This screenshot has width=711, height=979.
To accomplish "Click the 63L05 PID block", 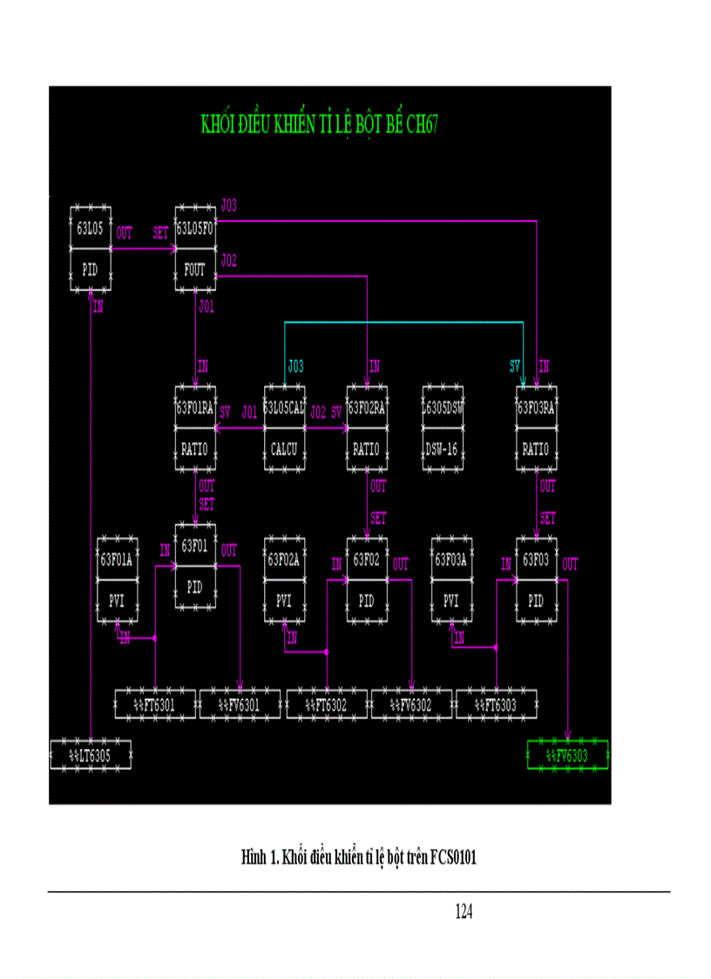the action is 91,249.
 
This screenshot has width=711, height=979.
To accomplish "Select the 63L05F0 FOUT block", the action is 194,249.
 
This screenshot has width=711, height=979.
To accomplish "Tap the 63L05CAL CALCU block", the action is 284,428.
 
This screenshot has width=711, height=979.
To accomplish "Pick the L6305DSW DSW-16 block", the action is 442,428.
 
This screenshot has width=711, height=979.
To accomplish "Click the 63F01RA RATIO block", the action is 194,428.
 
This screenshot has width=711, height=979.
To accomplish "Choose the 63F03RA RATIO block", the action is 536,428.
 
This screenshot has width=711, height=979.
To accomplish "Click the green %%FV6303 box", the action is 568,755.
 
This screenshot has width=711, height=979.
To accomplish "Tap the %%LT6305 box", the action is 91,755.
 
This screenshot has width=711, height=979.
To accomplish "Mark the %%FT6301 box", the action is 155,704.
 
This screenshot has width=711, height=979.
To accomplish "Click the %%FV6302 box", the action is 411,704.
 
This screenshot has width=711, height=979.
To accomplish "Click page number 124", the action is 464,912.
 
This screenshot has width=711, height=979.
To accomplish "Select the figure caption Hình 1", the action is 358,858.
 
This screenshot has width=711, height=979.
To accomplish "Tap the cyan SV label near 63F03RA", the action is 515,365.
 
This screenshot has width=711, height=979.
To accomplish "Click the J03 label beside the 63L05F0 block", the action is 229,206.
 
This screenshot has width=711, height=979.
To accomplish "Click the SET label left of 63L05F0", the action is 161,234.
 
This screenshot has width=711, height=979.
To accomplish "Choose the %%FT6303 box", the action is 497,704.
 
